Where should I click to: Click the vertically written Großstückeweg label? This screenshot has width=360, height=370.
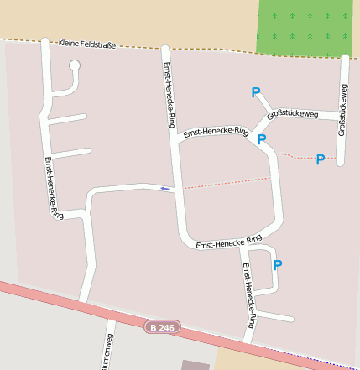pos(344,109)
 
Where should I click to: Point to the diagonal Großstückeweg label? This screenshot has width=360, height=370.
pos(292,114)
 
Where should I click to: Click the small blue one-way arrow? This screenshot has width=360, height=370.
pos(164,189)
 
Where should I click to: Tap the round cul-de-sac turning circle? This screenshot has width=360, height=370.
pos(74,65)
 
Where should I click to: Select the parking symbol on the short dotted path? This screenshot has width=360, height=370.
pos(320,159)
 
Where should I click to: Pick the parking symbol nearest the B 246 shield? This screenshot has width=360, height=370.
pos(278,265)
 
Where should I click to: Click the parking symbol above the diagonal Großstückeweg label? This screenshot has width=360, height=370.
pos(256,93)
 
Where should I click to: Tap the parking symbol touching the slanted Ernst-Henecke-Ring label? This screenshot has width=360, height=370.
pos(262,139)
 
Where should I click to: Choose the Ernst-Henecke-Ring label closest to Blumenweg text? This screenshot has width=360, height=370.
pos(248,294)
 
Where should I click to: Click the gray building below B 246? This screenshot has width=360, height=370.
pos(196,365)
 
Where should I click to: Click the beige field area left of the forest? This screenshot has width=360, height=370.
pos(126,18)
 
